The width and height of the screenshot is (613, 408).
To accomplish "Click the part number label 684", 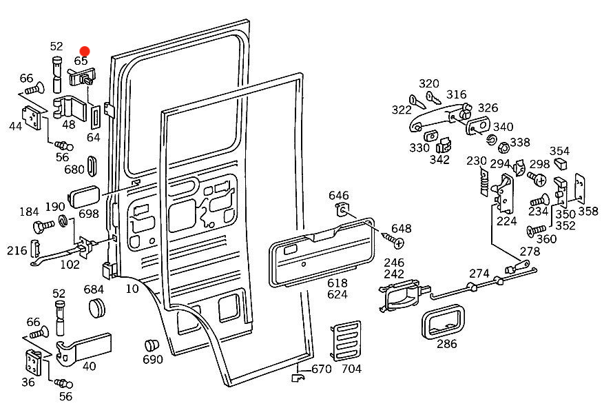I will pyautogui.click(x=94, y=289).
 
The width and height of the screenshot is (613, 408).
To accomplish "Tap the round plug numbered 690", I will pyautogui.click(x=152, y=345).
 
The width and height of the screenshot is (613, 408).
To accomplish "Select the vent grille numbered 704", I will pyautogui.click(x=344, y=340).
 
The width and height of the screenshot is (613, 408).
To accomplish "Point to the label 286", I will pyautogui.click(x=446, y=344).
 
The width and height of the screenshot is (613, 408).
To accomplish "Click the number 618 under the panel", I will pyautogui.click(x=337, y=283).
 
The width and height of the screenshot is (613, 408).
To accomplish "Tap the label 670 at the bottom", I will pyautogui.click(x=322, y=369).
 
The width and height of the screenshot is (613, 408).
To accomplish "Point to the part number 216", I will pyautogui.click(x=18, y=250).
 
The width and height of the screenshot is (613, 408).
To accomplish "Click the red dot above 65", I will pyautogui.click(x=85, y=51).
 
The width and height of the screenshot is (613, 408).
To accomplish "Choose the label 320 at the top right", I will pyautogui.click(x=428, y=83).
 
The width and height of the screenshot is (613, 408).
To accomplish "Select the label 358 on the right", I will pyautogui.click(x=588, y=211).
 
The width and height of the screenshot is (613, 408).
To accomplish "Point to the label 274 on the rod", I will pyautogui.click(x=480, y=273).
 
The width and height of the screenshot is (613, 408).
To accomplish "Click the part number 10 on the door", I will pyautogui.click(x=132, y=288).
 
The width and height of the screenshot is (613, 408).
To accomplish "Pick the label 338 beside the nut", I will pyautogui.click(x=520, y=142).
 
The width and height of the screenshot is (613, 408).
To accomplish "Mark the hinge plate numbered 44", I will pyautogui.click(x=31, y=119).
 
